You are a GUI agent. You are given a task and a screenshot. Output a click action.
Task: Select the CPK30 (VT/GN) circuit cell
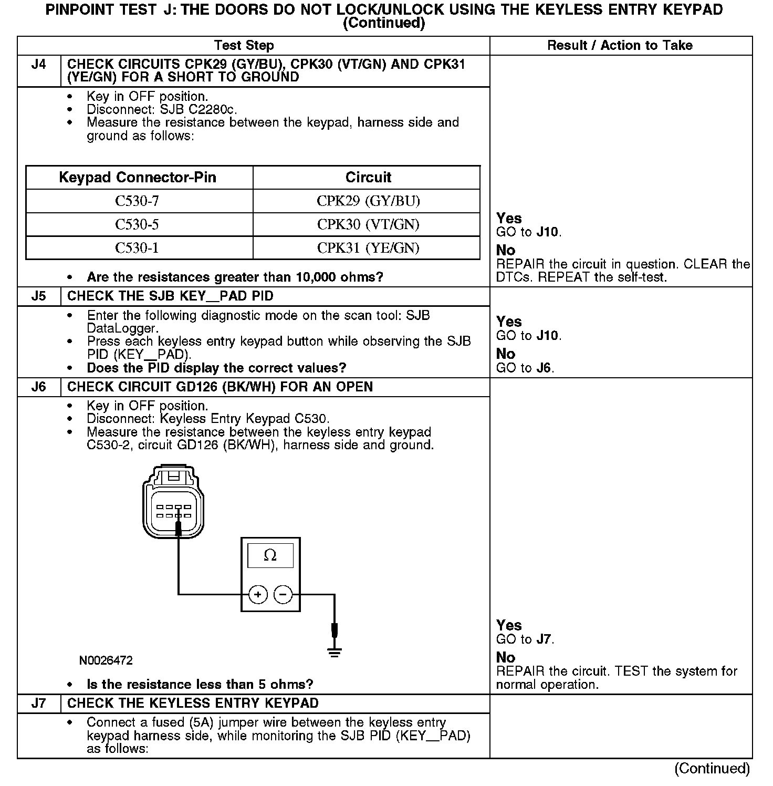[x=368, y=225]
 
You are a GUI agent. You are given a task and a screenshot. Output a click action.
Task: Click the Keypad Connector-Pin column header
[x=138, y=178]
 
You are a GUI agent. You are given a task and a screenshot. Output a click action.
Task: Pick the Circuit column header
[x=368, y=178]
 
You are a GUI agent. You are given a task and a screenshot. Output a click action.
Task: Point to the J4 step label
[x=39, y=65]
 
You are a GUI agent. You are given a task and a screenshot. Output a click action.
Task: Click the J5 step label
[x=39, y=296]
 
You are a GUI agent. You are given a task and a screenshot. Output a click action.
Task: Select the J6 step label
[x=39, y=387]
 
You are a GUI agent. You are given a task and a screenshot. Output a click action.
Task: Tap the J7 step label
[x=39, y=704]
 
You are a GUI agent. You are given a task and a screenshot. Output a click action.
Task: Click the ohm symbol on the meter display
[x=270, y=555]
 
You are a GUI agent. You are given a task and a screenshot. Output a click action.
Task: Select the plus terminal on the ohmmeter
[x=258, y=595]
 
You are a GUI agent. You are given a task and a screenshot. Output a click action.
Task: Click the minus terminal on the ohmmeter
[x=283, y=595]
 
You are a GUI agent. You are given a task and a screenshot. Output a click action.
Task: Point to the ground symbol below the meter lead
[x=335, y=653]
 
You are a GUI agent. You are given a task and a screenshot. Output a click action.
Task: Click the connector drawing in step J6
[x=173, y=501]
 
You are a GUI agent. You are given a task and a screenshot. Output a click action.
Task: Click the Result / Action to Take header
[x=620, y=46]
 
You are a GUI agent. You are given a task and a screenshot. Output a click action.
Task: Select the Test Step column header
[x=244, y=46]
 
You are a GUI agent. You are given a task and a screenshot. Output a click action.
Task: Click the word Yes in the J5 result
[x=509, y=322]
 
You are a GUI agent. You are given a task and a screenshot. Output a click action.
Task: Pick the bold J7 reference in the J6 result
[x=545, y=639]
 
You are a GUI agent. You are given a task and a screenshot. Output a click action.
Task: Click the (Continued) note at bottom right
[x=712, y=769]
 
